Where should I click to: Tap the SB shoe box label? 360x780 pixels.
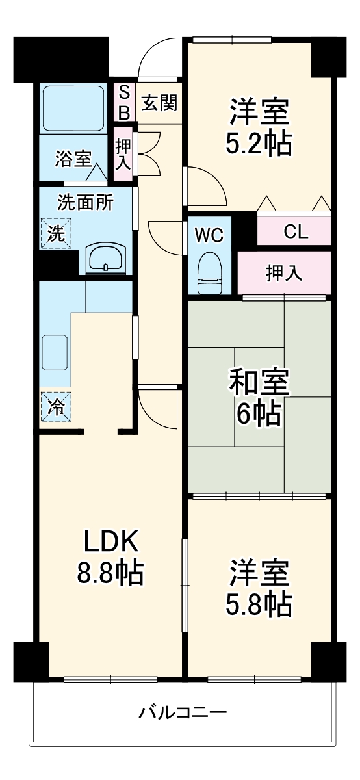123,102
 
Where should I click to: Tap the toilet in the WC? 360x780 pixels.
209,274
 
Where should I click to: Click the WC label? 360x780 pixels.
209,235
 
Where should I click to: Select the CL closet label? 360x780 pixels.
294,232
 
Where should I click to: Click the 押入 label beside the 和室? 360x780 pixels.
284,274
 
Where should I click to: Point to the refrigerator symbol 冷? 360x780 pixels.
57,408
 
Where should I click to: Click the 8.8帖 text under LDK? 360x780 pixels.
109,572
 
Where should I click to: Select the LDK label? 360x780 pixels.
109,541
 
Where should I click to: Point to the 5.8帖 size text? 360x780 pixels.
259,605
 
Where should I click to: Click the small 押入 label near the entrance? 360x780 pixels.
123,155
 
